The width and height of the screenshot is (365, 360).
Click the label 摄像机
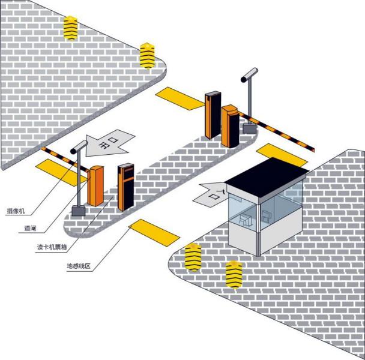(16, 211)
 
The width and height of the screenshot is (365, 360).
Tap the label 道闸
(30, 228)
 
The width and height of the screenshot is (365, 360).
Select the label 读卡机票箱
(52, 247)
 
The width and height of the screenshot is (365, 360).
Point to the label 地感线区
(79, 266)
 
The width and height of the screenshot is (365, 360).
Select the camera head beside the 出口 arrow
(79, 147)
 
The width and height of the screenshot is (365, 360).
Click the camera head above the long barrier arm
(249, 75)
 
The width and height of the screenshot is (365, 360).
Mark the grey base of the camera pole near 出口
(79, 211)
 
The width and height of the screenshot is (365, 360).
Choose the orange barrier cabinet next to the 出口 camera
(95, 186)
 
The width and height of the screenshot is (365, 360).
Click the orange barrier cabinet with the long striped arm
(231, 127)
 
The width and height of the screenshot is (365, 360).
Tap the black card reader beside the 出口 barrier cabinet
(125, 187)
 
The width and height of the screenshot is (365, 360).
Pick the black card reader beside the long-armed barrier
(213, 115)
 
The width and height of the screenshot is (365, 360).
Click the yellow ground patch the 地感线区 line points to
(154, 233)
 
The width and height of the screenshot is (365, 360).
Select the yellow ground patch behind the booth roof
(282, 155)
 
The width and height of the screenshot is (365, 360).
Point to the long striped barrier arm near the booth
(277, 131)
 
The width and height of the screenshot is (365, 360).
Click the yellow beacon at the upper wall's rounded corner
(147, 56)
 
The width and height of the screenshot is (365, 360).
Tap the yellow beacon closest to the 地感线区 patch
(193, 257)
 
